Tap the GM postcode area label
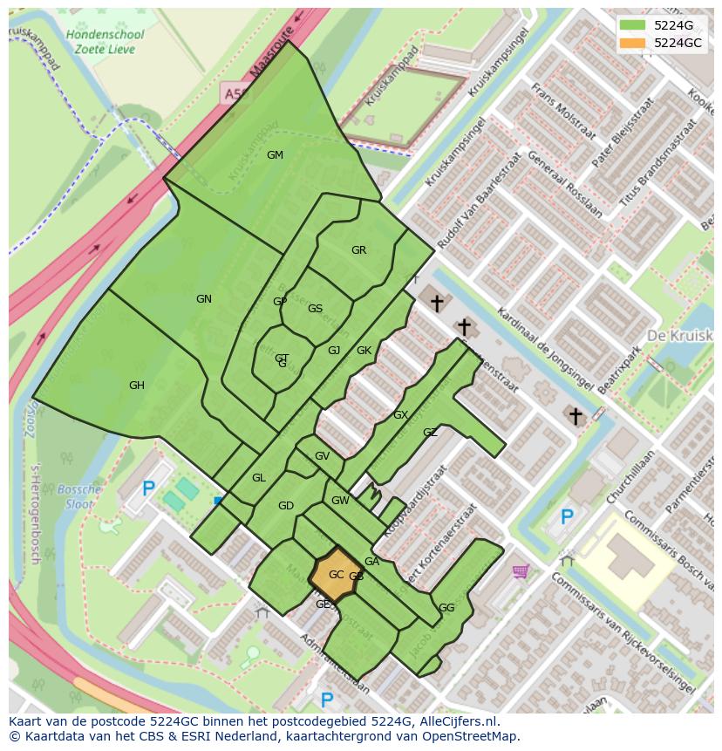click(275, 155)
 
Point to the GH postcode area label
click(137, 386)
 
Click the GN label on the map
click(204, 299)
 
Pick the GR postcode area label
click(358, 250)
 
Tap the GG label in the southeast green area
click(446, 608)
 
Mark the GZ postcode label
click(430, 433)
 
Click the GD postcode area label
click(286, 506)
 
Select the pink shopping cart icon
click(521, 571)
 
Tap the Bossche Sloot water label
click(83, 497)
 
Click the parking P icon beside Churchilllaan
click(567, 517)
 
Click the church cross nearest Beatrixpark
click(575, 416)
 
